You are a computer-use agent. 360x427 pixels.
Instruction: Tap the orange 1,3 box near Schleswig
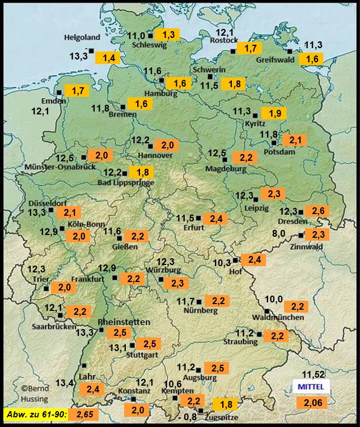pyautogui.click(x=168, y=35)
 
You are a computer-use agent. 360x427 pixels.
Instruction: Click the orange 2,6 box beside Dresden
pyautogui.click(x=317, y=211)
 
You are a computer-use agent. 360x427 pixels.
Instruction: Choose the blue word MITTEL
pyautogui.click(x=311, y=386)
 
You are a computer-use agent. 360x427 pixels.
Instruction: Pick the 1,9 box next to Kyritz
pyautogui.click(x=275, y=113)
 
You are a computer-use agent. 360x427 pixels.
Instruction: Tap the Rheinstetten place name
pyautogui.click(x=124, y=322)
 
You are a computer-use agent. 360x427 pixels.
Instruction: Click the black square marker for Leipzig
pyautogui.click(x=256, y=199)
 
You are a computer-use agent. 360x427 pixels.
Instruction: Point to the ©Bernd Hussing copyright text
pyautogui.click(x=35, y=393)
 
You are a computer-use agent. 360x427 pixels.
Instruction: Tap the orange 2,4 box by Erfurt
pyautogui.click(x=218, y=219)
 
